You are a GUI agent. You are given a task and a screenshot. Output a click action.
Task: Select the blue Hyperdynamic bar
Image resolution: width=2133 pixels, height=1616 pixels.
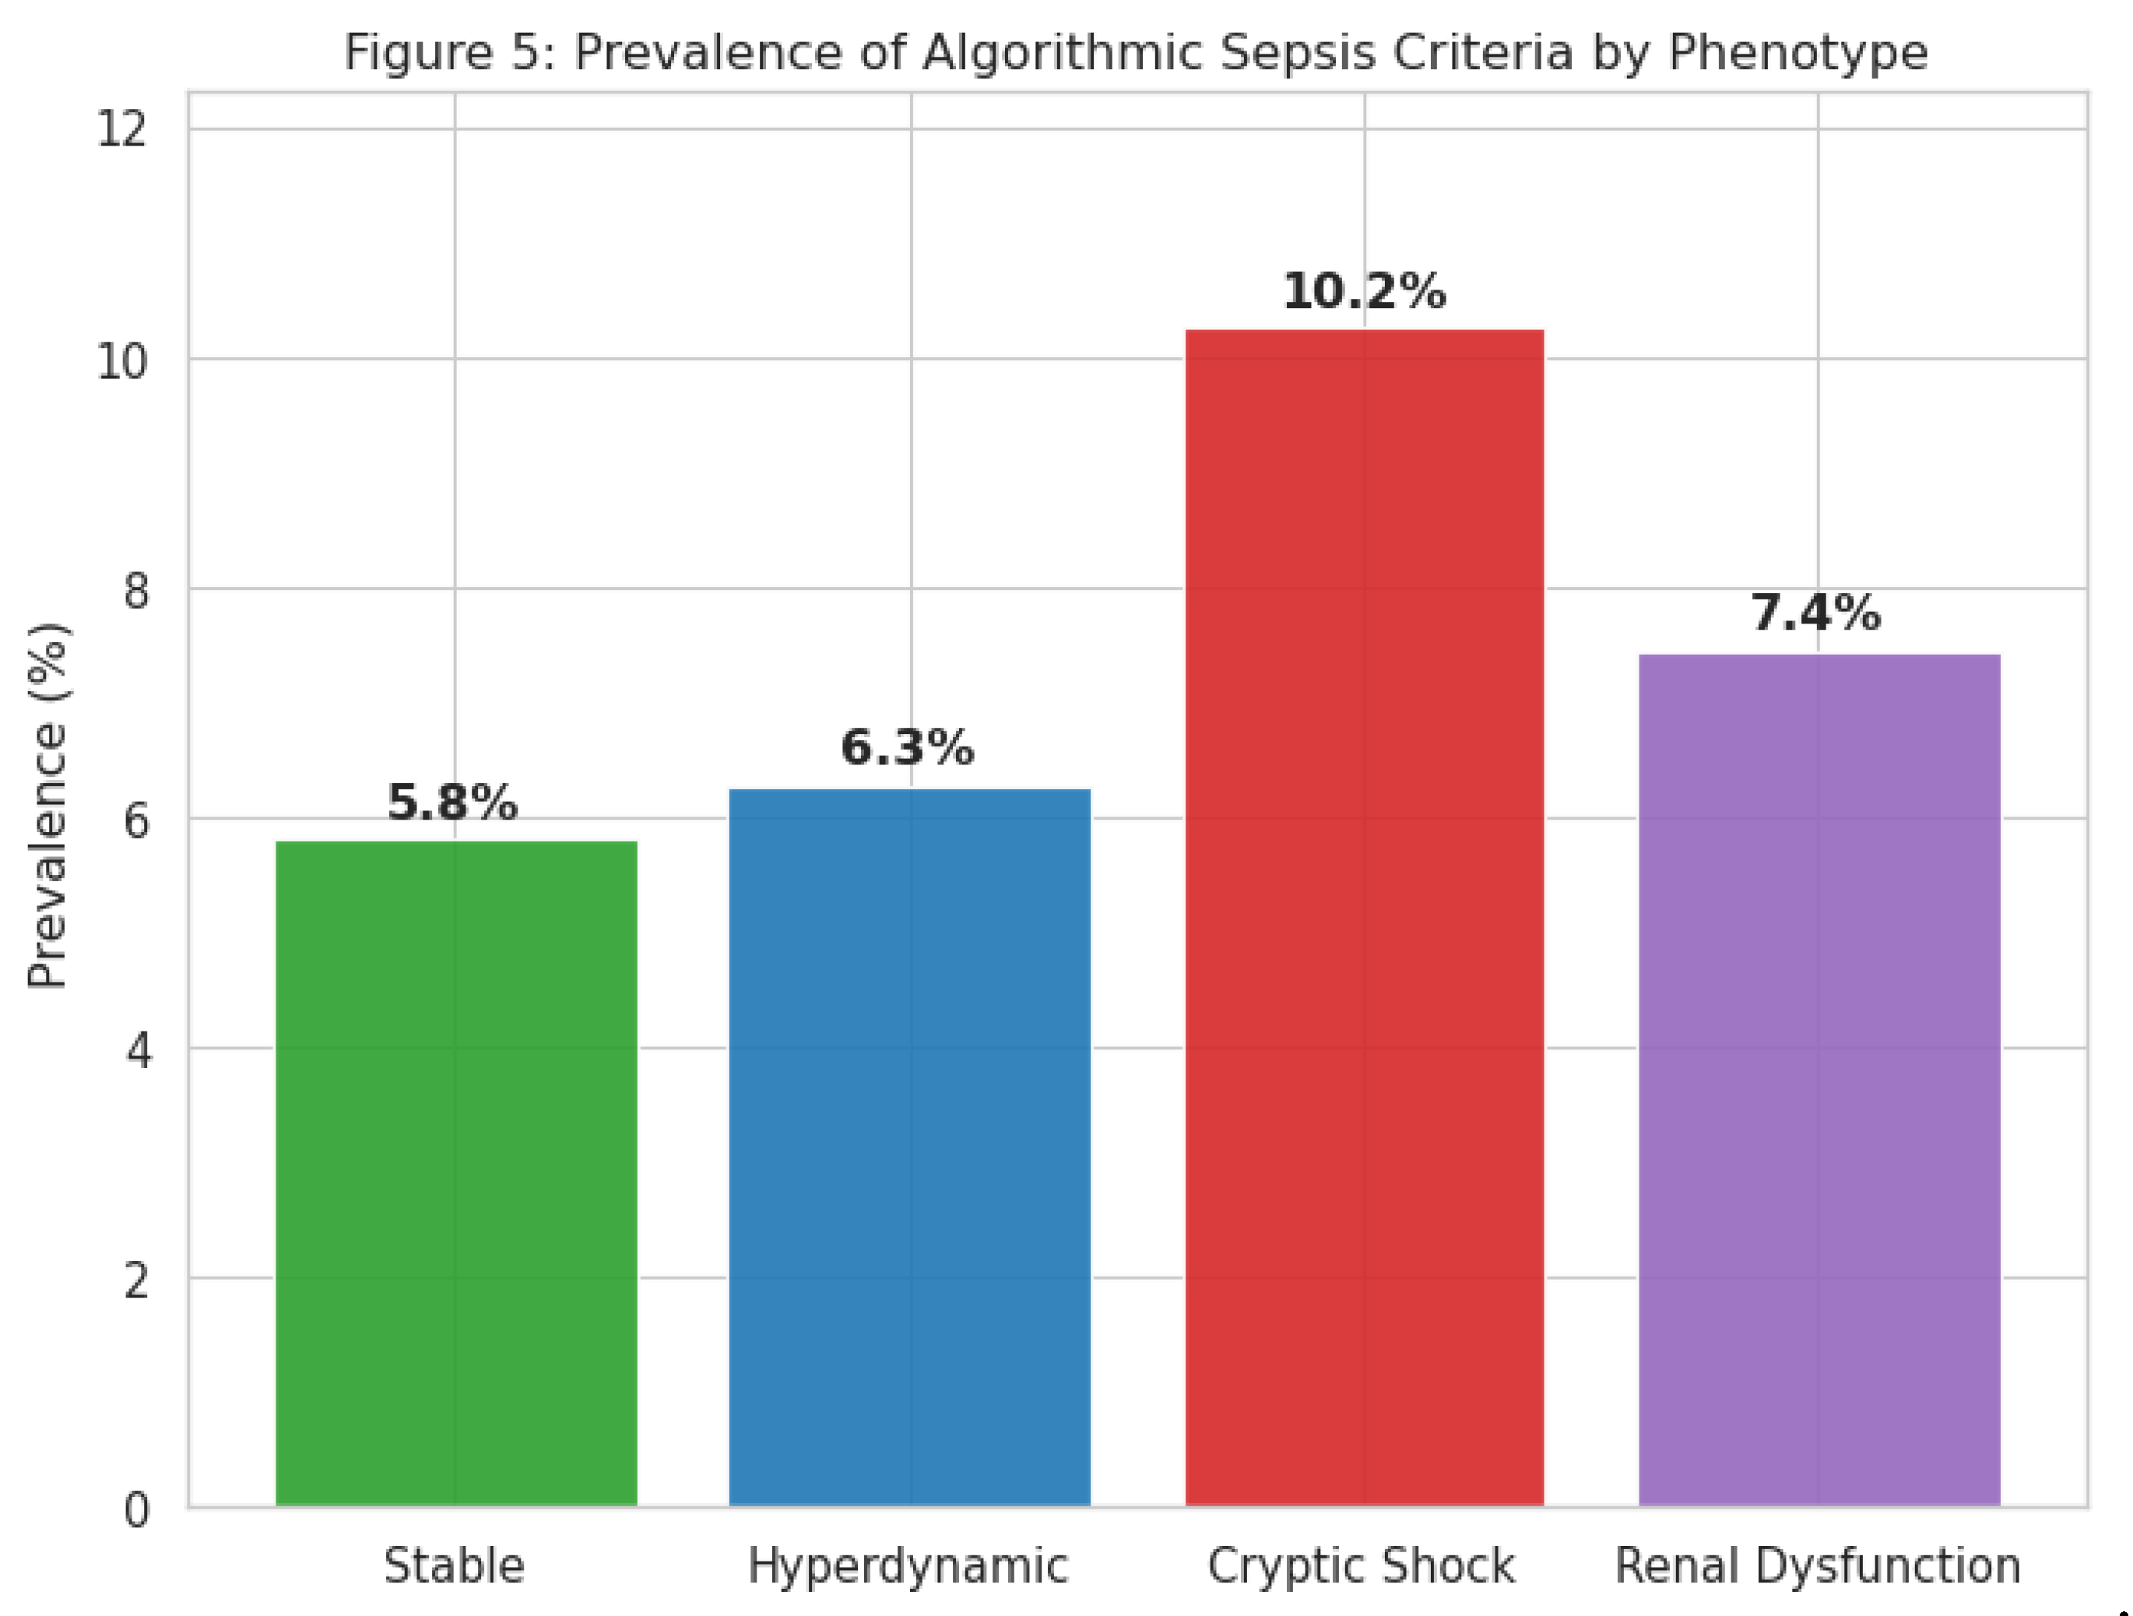tap(909, 1147)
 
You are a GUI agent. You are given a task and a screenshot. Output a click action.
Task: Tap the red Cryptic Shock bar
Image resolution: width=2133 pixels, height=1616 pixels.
tap(1364, 916)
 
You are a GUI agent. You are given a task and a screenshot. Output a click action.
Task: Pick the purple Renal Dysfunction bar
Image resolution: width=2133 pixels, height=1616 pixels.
tap(1818, 1080)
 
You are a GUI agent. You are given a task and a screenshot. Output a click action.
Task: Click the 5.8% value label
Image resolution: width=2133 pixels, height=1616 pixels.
tap(452, 803)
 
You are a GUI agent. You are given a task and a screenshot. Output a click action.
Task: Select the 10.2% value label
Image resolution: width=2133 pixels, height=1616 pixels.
tap(1364, 291)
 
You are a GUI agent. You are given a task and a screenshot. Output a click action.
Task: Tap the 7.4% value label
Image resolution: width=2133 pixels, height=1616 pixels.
tap(1815, 613)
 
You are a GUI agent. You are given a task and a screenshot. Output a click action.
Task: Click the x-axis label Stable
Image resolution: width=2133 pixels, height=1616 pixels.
tap(454, 1566)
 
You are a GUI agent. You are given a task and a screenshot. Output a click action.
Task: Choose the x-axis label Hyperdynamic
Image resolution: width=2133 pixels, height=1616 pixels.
tap(908, 1566)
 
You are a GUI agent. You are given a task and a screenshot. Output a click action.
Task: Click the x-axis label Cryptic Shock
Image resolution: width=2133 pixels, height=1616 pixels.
tap(1361, 1566)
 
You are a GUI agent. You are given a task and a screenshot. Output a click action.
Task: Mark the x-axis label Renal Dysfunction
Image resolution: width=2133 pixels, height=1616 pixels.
tap(1818, 1566)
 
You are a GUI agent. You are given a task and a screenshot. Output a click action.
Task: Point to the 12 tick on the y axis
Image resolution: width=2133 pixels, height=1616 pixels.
tap(121, 129)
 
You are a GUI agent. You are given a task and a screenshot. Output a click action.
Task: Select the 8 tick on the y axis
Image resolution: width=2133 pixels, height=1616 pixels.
tap(137, 590)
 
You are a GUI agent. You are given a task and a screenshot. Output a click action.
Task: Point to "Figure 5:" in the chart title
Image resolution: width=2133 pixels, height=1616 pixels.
tap(450, 52)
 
